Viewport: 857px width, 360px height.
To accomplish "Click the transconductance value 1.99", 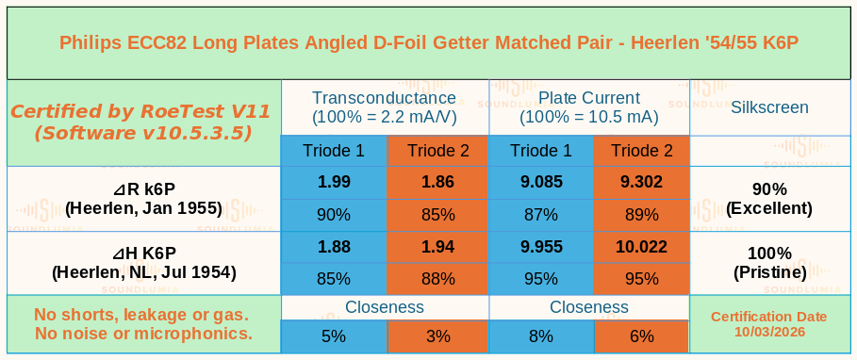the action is (334, 182).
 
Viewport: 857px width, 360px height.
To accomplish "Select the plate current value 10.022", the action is (641, 247).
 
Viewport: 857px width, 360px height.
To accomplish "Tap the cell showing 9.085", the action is (540, 182).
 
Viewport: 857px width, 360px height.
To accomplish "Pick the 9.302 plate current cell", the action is (641, 182).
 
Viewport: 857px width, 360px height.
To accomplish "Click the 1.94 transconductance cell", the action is (437, 247).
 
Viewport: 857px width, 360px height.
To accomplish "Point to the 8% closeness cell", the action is (540, 335).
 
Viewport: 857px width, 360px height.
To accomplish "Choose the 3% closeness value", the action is (437, 335).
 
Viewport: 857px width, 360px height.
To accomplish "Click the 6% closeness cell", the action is (641, 335).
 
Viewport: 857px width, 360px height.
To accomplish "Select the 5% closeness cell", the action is (334, 335).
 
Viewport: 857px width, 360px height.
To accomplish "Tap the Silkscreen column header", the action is (769, 107).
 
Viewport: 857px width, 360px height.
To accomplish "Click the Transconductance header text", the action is (384, 98).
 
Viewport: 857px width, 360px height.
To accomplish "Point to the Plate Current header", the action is (589, 98).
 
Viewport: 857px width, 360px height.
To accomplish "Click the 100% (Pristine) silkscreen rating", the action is (769, 263).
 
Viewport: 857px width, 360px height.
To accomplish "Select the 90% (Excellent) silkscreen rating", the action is (769, 199).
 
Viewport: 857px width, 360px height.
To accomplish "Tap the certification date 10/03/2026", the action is (769, 332).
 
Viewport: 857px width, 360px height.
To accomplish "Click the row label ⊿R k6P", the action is (143, 189).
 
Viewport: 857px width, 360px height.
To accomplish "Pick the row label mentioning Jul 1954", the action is (143, 263).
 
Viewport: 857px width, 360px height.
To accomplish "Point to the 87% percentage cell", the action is (540, 215).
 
